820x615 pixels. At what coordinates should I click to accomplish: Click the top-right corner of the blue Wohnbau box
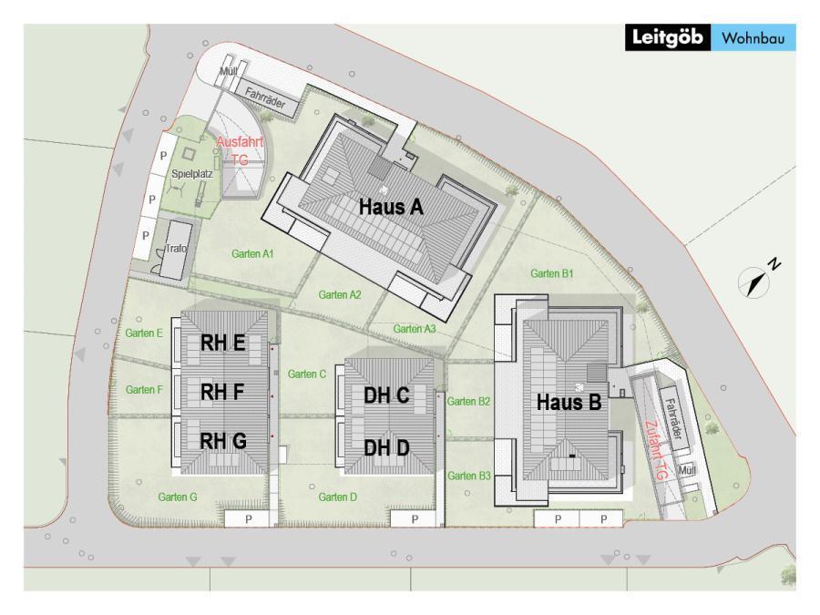pyautogui.click(x=796, y=24)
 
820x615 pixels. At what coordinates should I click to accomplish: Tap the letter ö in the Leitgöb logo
pyautogui.click(x=682, y=37)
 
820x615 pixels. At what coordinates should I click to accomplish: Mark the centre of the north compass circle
pyautogui.click(x=753, y=282)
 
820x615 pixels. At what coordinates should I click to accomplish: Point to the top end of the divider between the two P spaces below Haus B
pyautogui.click(x=579, y=511)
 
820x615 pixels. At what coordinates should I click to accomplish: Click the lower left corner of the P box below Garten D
pyautogui.click(x=391, y=527)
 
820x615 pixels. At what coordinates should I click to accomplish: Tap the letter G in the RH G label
pyautogui.click(x=239, y=441)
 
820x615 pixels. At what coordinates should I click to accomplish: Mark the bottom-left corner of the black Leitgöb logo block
pyautogui.click(x=625, y=51)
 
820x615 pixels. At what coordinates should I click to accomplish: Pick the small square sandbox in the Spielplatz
pyautogui.click(x=189, y=154)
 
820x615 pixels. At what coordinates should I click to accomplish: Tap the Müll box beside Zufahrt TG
pyautogui.click(x=687, y=471)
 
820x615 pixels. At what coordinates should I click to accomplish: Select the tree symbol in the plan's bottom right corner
pyautogui.click(x=787, y=574)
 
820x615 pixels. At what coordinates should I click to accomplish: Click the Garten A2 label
pyautogui.click(x=340, y=295)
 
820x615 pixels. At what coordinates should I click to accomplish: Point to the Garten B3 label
pyautogui.click(x=469, y=476)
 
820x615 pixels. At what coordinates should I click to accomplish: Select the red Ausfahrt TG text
pyautogui.click(x=240, y=150)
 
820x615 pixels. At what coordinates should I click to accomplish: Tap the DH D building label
pyautogui.click(x=386, y=447)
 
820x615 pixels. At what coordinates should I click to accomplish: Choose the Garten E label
pyautogui.click(x=144, y=333)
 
